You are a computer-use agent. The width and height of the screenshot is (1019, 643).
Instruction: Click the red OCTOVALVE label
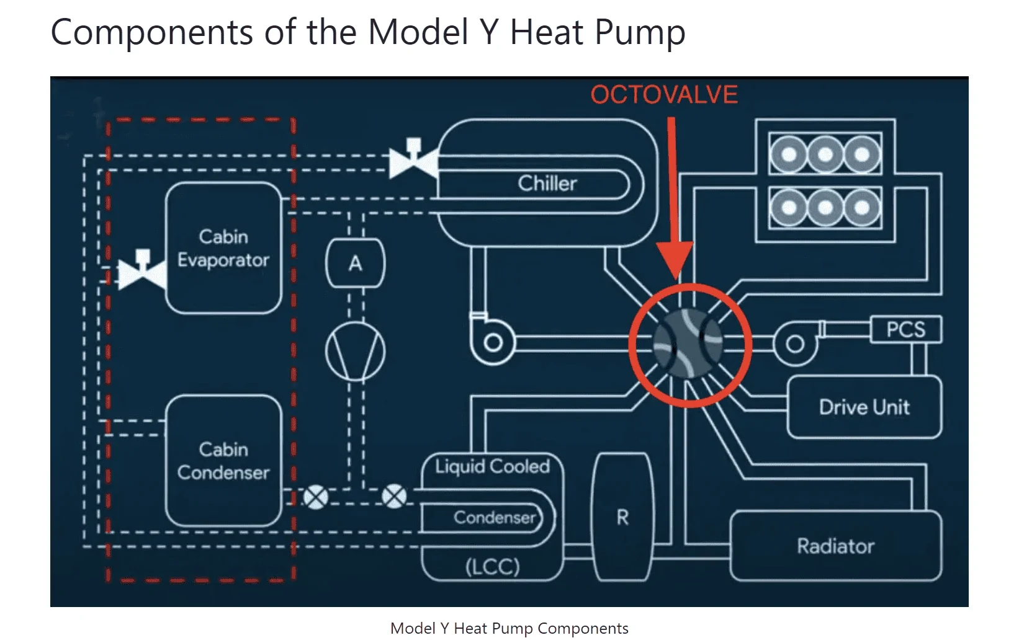point(664,94)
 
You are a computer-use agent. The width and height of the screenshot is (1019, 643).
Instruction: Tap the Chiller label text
point(547,184)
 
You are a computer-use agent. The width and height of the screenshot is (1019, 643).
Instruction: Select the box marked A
point(356,263)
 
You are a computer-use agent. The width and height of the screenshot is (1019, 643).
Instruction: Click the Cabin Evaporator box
point(223,247)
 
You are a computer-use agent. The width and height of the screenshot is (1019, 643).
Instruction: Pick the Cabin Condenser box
point(223,461)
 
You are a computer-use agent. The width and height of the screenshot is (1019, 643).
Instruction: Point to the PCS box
point(905,329)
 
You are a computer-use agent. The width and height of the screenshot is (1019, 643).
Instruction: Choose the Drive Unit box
point(864,407)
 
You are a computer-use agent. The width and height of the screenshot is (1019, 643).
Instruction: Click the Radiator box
point(836,545)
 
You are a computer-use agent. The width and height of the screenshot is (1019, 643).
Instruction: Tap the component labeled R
point(623,517)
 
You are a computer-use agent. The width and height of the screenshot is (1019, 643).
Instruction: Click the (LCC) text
point(492,567)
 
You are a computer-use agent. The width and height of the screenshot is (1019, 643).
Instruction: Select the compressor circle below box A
point(356,352)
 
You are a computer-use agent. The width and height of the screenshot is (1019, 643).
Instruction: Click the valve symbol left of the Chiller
point(413,159)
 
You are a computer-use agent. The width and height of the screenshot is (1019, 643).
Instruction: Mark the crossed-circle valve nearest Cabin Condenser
point(316,497)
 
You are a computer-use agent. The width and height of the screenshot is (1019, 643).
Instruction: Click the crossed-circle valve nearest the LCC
point(394,497)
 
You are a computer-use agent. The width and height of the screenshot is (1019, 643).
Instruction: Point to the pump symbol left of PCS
point(795,343)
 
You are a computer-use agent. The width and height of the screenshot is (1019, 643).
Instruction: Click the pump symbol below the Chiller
point(492,340)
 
